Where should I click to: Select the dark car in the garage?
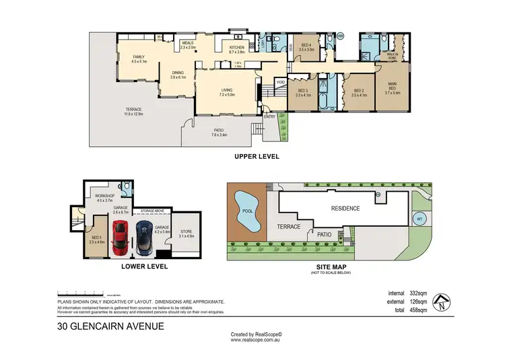tap(144, 238)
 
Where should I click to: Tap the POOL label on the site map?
tap(242, 209)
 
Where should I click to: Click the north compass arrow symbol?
tap(440, 301)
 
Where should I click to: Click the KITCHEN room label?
tap(237, 46)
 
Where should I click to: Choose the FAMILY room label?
tap(138, 57)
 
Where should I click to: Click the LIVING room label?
tap(227, 91)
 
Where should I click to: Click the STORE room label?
tap(185, 232)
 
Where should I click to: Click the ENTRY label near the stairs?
tap(270, 116)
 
